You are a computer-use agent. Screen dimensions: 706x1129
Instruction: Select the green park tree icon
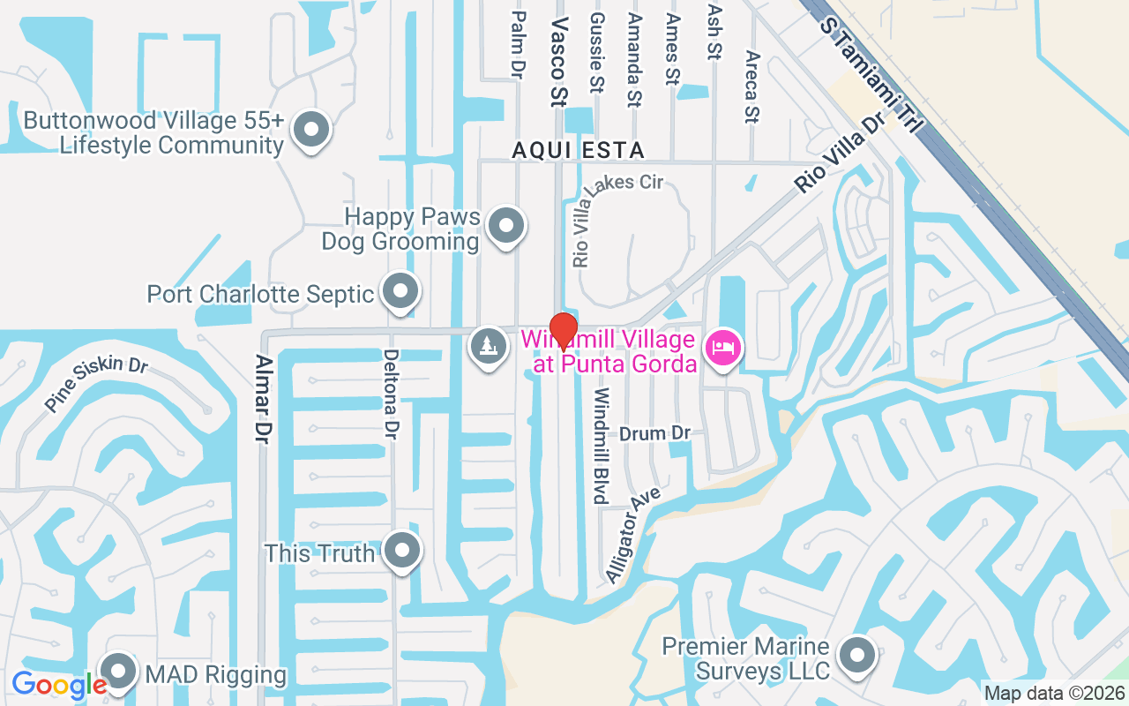(488, 345)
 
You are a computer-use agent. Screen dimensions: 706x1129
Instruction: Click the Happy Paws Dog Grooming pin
(506, 225)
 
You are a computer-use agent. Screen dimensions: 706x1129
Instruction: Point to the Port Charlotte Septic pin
(401, 290)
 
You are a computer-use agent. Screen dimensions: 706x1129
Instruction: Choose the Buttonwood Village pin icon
(310, 130)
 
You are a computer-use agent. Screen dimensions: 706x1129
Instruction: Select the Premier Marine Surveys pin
(856, 656)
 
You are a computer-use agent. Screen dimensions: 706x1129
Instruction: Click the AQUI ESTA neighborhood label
(579, 151)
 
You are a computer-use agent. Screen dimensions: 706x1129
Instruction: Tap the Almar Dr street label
(262, 399)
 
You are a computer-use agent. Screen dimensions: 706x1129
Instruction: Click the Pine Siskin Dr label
(97, 384)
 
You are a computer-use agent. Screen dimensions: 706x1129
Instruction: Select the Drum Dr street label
(654, 434)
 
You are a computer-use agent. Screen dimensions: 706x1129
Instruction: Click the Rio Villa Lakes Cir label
(617, 220)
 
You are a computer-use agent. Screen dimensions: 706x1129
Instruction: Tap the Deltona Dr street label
(391, 394)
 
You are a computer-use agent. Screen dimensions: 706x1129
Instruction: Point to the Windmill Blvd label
(602, 445)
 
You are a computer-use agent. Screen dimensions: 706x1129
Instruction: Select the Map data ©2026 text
(1055, 694)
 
